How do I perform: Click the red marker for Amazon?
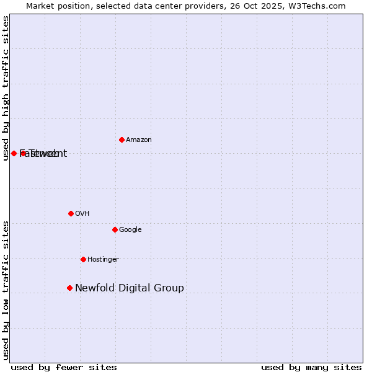[122, 139]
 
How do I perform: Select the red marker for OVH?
[71, 213]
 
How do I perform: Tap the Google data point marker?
[115, 229]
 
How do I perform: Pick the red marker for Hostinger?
[83, 259]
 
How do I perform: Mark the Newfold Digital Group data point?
[69, 288]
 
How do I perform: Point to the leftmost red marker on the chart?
[14, 153]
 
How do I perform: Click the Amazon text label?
[139, 140]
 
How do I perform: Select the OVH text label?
[82, 214]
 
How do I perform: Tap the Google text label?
[130, 230]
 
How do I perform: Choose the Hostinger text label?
[103, 260]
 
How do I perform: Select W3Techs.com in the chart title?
[316, 6]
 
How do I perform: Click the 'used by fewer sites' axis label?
[64, 368]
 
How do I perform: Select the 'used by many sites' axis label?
[311, 368]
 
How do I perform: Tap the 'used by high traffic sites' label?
[6, 88]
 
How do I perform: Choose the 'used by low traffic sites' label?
[6, 290]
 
